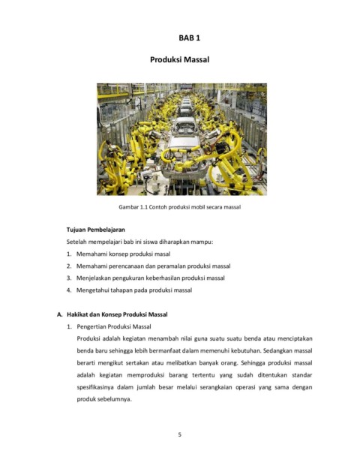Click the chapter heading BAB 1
[179, 36]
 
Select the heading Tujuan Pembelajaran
[95, 228]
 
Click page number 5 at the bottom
[180, 433]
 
